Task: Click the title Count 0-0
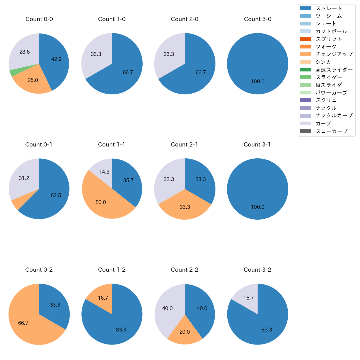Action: point(39,19)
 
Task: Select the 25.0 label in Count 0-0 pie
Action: point(33,80)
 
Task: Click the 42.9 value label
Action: point(56,59)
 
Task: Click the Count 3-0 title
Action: point(258,19)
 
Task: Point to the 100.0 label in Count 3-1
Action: point(258,207)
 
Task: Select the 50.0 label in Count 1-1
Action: point(101,202)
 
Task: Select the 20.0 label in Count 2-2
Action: point(184,332)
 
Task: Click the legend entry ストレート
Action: point(329,8)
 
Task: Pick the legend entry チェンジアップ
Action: point(334,54)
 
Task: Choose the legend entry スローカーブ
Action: point(331,131)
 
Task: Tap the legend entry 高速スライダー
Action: point(334,70)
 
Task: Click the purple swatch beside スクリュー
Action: point(305,100)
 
